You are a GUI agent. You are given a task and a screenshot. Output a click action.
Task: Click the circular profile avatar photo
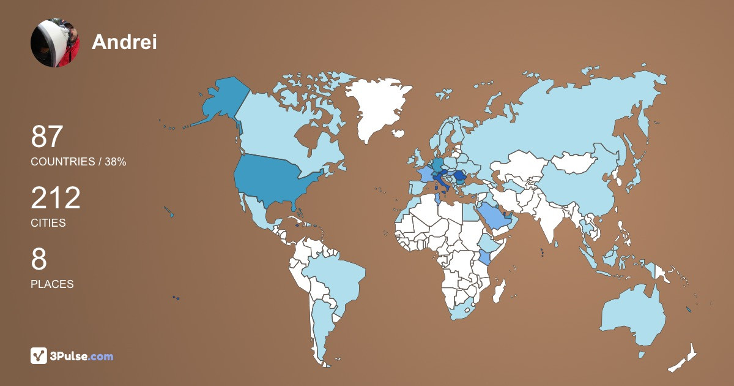55,43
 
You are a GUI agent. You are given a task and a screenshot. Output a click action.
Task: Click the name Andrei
124,42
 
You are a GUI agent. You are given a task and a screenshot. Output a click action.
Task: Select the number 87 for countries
47,137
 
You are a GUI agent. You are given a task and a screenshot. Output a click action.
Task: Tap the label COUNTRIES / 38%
78,162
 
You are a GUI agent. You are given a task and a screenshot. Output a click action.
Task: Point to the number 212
56,198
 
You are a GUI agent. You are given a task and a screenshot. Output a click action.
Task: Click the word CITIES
48,223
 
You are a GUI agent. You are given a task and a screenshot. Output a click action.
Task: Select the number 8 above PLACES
39,259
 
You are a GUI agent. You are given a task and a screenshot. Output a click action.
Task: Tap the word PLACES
52,284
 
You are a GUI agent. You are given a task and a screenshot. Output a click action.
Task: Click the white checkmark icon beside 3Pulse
39,356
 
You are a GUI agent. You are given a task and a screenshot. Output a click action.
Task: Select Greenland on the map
376,104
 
